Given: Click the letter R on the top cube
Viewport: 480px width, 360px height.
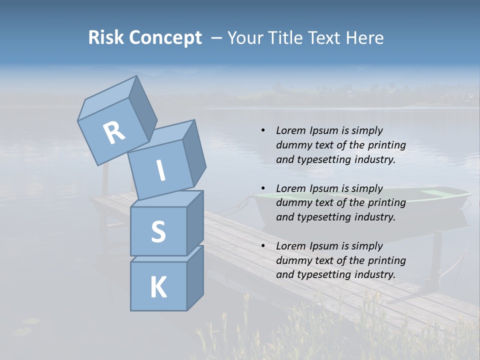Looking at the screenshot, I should click(114, 133).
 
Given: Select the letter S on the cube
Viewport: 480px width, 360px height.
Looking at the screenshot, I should click(158, 231).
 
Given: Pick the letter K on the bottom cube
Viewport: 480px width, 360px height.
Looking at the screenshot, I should click(158, 287).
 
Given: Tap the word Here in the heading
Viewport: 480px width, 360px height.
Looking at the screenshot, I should click(365, 37).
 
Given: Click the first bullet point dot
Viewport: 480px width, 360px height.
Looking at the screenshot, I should click(263, 130).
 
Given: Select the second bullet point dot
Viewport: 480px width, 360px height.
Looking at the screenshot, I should click(263, 188).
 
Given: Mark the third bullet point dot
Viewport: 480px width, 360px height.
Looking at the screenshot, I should click(263, 246).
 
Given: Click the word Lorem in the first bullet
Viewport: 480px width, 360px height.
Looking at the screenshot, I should click(290, 130).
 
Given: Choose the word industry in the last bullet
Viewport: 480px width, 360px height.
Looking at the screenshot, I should click(375, 274).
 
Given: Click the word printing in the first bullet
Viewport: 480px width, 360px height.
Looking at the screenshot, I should click(386, 145).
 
